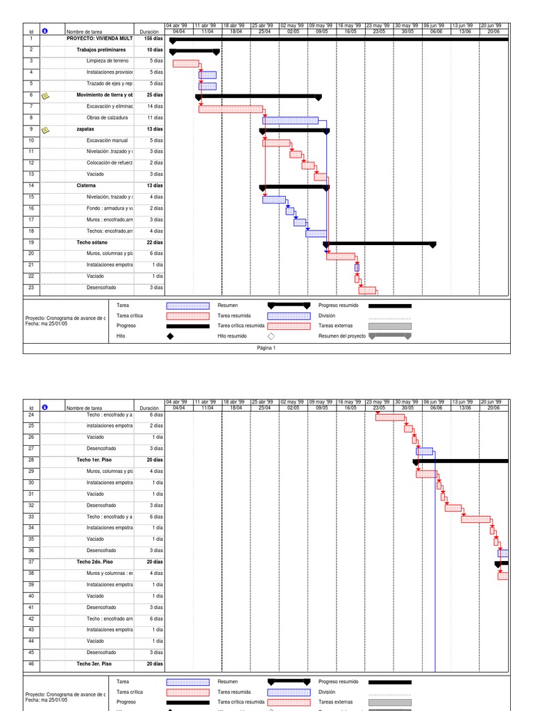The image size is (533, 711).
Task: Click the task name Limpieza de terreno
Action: pyautogui.click(x=107, y=61)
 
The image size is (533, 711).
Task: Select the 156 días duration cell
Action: pyautogui.click(x=153, y=39)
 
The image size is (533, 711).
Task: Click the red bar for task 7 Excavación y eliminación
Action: pyautogui.click(x=230, y=109)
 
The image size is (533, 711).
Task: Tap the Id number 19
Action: pyautogui.click(x=31, y=242)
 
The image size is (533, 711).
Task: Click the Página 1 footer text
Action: pyautogui.click(x=266, y=348)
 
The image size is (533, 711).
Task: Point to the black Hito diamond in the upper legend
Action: pyautogui.click(x=170, y=336)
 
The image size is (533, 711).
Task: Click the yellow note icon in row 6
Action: pyautogui.click(x=45, y=95)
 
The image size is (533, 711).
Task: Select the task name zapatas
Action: pyautogui.click(x=85, y=129)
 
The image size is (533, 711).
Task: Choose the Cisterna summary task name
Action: pyautogui.click(x=86, y=185)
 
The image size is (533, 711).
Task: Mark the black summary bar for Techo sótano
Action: pyautogui.click(x=379, y=244)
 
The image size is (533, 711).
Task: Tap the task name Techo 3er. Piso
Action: pyautogui.click(x=94, y=664)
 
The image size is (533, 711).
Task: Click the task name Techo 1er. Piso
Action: pyautogui.click(x=94, y=460)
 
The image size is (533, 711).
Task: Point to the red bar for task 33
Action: pyautogui.click(x=475, y=519)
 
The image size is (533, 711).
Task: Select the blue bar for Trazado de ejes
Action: pyautogui.click(x=208, y=86)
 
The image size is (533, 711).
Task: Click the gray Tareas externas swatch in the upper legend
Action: pyautogui.click(x=389, y=326)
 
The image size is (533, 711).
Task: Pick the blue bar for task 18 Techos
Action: pyautogui.click(x=316, y=233)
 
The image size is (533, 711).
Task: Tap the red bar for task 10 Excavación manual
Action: pyautogui.click(x=276, y=143)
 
